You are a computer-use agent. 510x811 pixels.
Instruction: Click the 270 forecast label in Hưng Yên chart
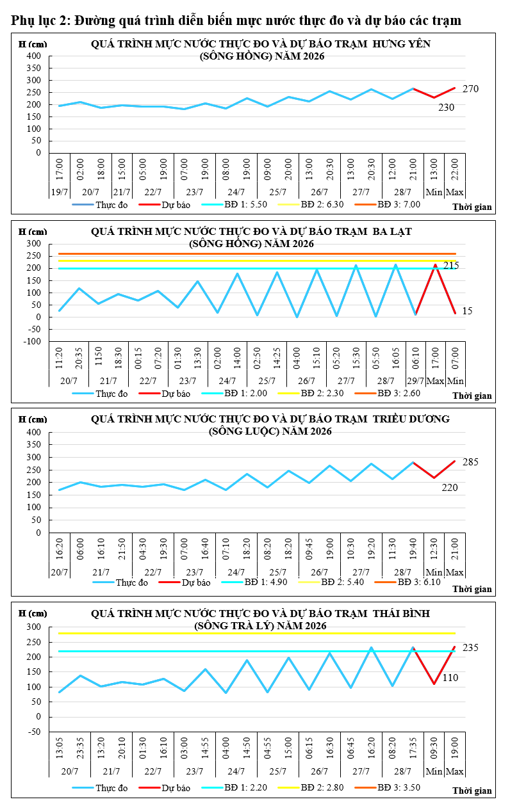(470, 89)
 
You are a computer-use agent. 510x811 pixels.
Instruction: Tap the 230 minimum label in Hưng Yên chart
(446, 107)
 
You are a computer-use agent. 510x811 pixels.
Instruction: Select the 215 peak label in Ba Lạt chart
(451, 266)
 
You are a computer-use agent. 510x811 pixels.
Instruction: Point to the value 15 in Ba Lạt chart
(467, 310)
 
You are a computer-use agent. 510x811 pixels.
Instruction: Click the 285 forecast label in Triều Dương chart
(470, 462)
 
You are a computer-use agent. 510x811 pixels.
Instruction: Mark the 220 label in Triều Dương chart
(450, 487)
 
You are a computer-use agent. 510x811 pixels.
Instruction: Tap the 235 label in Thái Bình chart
(470, 647)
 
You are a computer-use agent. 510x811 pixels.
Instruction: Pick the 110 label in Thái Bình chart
(450, 677)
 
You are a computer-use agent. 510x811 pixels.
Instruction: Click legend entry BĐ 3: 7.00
(399, 204)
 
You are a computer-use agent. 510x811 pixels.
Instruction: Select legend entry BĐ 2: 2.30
(322, 393)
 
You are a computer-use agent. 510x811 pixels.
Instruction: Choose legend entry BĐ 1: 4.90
(266, 582)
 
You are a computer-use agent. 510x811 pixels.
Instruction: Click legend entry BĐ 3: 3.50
(399, 787)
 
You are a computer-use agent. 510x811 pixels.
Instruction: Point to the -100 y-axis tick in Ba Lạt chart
(32, 341)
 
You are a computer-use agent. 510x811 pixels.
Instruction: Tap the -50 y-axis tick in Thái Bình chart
(34, 732)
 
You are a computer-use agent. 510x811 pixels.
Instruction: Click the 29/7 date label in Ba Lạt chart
(415, 381)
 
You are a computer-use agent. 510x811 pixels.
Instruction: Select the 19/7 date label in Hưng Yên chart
(60, 192)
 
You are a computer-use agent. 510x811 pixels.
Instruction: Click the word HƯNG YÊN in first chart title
(401, 44)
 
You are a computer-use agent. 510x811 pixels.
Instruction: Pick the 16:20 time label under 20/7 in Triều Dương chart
(60, 549)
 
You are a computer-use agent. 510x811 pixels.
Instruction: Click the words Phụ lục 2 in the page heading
(40, 20)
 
